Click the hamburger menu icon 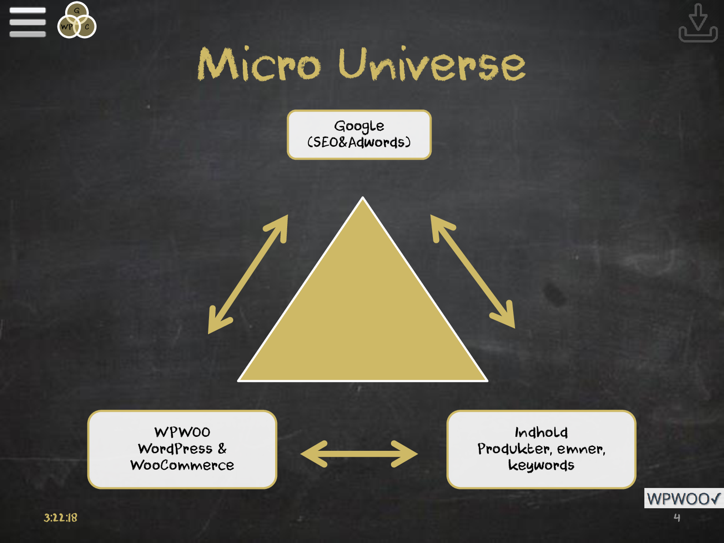28,22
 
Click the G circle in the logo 77,11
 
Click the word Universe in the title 432,64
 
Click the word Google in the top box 359,126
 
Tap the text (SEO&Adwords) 359,142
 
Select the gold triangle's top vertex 363,199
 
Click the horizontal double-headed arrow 359,454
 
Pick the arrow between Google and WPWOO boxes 248,274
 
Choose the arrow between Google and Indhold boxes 473,272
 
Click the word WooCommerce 182,465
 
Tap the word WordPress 175,449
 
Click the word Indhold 541,432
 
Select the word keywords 541,465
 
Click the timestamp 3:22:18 60,518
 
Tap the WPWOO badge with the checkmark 683,499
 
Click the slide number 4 677,518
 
